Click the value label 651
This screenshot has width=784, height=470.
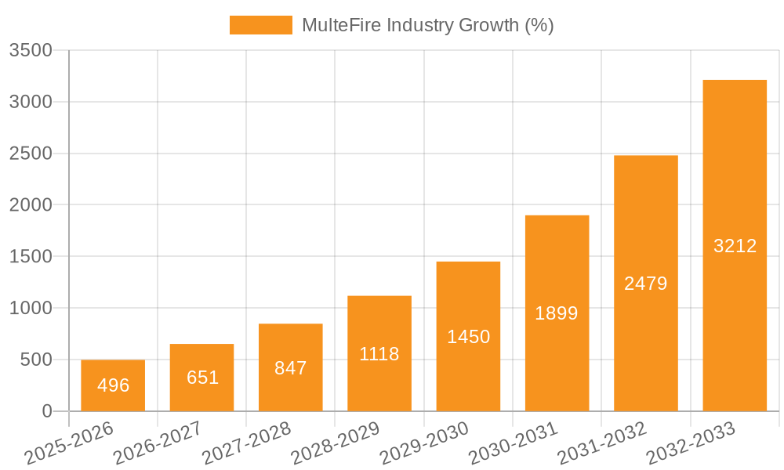point(202,378)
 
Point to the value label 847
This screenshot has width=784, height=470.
point(291,368)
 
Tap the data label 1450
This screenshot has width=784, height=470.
point(468,337)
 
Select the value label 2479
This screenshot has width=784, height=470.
point(646,284)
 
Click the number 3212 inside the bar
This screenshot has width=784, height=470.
point(735,246)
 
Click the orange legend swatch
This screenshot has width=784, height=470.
point(260,25)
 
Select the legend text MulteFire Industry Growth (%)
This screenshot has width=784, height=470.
point(427,25)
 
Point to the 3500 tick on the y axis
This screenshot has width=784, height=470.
point(30,51)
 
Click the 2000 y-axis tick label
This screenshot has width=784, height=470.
point(30,205)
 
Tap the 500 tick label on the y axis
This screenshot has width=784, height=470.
point(34,360)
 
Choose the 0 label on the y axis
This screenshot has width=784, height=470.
point(46,411)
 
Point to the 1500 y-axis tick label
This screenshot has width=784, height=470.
point(30,257)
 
